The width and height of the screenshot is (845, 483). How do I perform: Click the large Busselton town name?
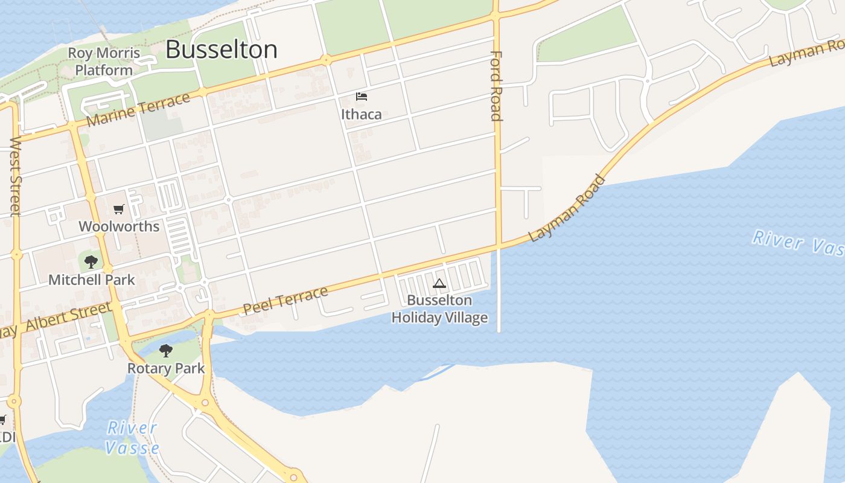pyautogui.click(x=222, y=50)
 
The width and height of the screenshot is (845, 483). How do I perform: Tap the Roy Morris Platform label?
pyautogui.click(x=104, y=62)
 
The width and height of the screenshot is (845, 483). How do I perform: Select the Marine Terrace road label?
pyautogui.click(x=139, y=110)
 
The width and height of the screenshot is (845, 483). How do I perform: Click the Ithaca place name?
pyautogui.click(x=361, y=114)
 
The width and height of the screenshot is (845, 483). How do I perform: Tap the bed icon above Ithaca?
pyautogui.click(x=362, y=97)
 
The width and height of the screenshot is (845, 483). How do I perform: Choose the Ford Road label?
pyautogui.click(x=496, y=86)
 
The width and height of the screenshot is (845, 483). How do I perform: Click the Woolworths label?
pyautogui.click(x=119, y=226)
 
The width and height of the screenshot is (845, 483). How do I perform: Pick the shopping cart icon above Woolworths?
pyautogui.click(x=119, y=210)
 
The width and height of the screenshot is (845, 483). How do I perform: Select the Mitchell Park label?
pyautogui.click(x=92, y=280)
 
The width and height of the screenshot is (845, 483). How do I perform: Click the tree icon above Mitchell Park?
pyautogui.click(x=91, y=262)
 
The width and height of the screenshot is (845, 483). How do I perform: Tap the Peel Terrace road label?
pyautogui.click(x=285, y=301)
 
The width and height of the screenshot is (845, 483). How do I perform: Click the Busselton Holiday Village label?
pyautogui.click(x=439, y=309)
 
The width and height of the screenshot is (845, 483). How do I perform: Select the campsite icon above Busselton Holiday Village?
pyautogui.click(x=439, y=283)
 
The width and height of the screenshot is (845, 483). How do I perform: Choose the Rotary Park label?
pyautogui.click(x=166, y=368)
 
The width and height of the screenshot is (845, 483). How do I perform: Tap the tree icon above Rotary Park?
pyautogui.click(x=166, y=351)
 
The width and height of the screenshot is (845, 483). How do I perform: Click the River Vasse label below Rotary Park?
pyautogui.click(x=132, y=438)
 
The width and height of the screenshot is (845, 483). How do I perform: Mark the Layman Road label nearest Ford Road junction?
pyautogui.click(x=567, y=208)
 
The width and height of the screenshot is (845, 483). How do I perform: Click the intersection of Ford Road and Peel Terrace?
pyautogui.click(x=499, y=245)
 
